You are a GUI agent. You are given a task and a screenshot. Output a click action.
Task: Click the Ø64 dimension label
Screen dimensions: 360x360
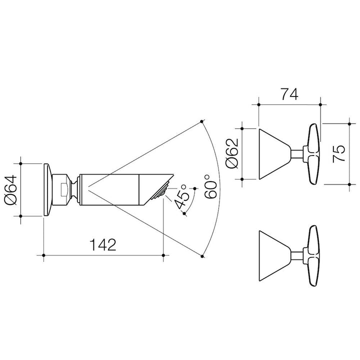pyautogui.click(x=11, y=190)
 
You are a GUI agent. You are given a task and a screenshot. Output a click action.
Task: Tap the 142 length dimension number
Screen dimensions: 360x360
pyautogui.click(x=103, y=244)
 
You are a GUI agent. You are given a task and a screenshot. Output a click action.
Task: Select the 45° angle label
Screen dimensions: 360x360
pyautogui.click(x=181, y=197)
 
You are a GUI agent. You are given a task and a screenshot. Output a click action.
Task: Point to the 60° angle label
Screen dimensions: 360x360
pyautogui.click(x=210, y=186)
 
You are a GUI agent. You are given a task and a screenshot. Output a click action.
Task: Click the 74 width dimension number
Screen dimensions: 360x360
pyautogui.click(x=289, y=94)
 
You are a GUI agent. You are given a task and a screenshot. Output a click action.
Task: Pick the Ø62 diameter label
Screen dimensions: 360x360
pyautogui.click(x=232, y=153)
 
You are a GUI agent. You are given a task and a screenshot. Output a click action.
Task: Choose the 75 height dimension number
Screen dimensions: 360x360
pyautogui.click(x=339, y=154)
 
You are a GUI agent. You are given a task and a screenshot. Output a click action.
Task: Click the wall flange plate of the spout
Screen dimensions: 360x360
pyautogui.click(x=48, y=190)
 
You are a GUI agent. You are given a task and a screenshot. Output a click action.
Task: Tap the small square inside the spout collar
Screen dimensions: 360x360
pyautogui.click(x=64, y=189)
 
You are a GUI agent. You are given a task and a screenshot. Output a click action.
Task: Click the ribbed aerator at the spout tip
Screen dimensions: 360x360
pyautogui.click(x=160, y=190)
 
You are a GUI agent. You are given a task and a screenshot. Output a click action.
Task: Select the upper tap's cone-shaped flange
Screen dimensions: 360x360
pyautogui.click(x=275, y=154)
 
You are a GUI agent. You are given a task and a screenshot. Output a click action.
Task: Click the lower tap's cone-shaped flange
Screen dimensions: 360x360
pyautogui.click(x=275, y=256)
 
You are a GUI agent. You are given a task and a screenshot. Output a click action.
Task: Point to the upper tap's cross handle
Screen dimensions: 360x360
pyautogui.click(x=311, y=154)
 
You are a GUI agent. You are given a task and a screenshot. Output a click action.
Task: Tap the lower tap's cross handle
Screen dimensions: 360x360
pyautogui.click(x=311, y=256)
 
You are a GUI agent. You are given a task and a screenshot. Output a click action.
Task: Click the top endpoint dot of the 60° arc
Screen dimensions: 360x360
pyautogui.click(x=201, y=121)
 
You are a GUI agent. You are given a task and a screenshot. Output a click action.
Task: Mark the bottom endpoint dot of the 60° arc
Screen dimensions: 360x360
pyautogui.click(x=202, y=256)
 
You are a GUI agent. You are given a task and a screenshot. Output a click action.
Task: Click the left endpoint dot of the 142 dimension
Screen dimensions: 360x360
pyautogui.click(x=43, y=255)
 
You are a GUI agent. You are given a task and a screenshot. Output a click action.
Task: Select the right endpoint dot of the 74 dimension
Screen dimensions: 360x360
pyautogui.click(x=320, y=104)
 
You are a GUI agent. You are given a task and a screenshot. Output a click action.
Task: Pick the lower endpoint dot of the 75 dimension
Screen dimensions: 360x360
pyautogui.click(x=349, y=184)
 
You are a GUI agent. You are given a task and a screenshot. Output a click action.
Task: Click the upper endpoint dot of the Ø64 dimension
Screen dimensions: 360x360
pyautogui.click(x=20, y=163)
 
